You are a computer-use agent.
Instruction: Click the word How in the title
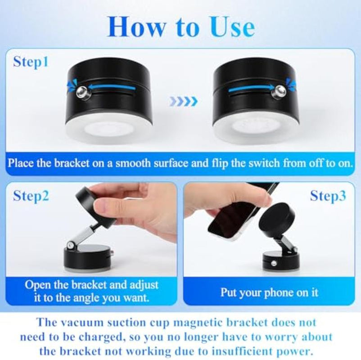(x=136, y=27)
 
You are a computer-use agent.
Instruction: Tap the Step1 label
(x=31, y=62)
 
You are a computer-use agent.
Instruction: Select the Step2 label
(x=31, y=196)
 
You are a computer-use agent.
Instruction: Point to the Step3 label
(x=328, y=196)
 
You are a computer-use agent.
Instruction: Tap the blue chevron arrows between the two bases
(x=184, y=101)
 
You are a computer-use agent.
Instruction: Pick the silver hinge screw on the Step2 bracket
(x=70, y=246)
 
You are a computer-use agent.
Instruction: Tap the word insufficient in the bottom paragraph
(x=244, y=351)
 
